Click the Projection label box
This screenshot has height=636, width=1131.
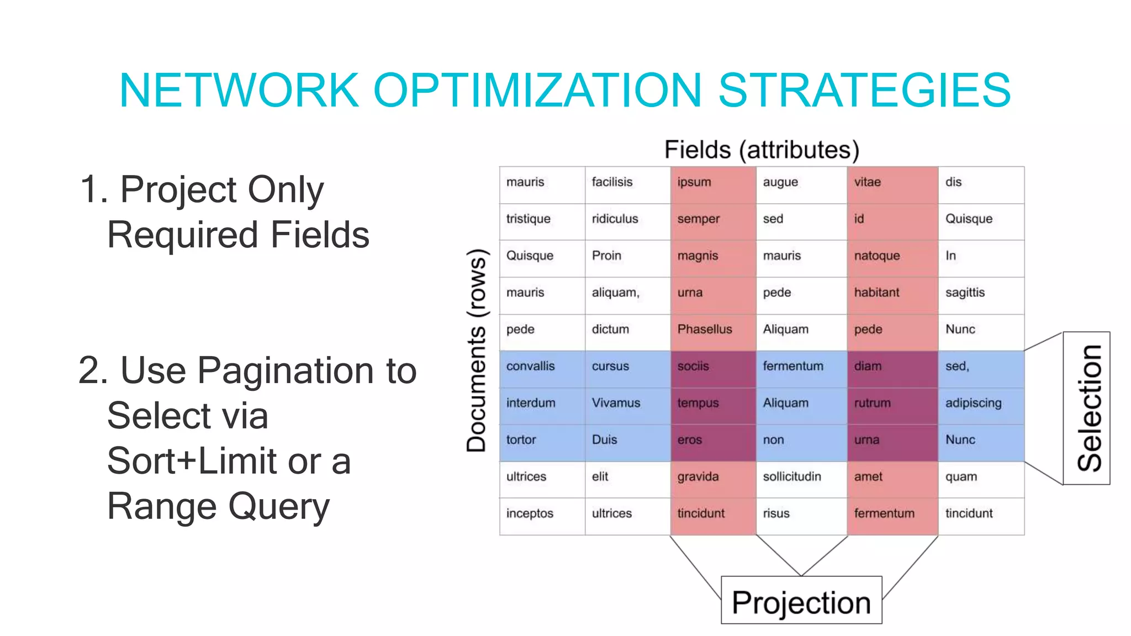(801, 601)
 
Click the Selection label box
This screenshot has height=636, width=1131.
(1086, 408)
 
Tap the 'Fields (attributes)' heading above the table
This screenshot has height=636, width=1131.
(762, 150)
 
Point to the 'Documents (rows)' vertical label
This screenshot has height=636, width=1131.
(476, 351)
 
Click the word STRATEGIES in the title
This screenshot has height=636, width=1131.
(864, 90)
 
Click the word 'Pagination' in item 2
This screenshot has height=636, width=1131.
(287, 371)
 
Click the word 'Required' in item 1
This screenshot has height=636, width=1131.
(182, 235)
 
